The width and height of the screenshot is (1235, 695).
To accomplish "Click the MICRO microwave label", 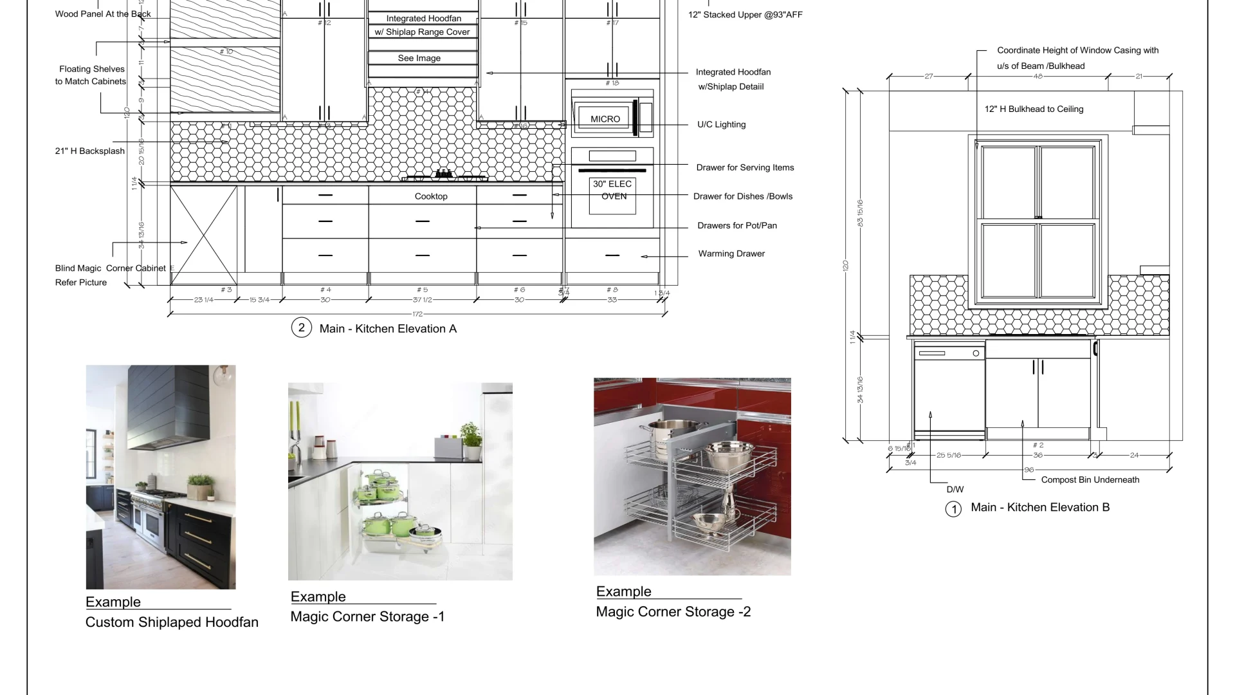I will click(605, 119).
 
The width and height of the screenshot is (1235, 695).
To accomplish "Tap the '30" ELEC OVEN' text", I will click(612, 190).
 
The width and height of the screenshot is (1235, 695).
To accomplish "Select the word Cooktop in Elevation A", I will click(431, 196).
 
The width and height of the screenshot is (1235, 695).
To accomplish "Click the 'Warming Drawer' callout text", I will click(731, 254).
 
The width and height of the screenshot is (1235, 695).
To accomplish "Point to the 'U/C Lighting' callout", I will click(721, 125).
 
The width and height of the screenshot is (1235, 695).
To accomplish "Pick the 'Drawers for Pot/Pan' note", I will click(737, 225).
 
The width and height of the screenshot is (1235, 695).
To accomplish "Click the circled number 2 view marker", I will click(301, 328).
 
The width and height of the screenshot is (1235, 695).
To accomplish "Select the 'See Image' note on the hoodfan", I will click(419, 58).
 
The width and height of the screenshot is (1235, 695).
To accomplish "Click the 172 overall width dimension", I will click(417, 314).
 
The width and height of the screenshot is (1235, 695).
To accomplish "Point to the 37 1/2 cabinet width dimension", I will click(423, 300).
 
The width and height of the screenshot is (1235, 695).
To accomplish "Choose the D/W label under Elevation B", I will click(955, 490).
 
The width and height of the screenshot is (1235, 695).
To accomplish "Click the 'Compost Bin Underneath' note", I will click(1090, 480).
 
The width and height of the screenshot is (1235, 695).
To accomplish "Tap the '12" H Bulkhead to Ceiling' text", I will click(1034, 109).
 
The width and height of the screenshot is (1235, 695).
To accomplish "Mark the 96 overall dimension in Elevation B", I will click(1029, 470).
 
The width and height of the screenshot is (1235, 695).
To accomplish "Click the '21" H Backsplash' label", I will click(90, 151).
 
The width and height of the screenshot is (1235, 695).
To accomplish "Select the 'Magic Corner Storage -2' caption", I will click(673, 612).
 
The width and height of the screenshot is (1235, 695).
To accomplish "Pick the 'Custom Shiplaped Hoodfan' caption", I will click(172, 622).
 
